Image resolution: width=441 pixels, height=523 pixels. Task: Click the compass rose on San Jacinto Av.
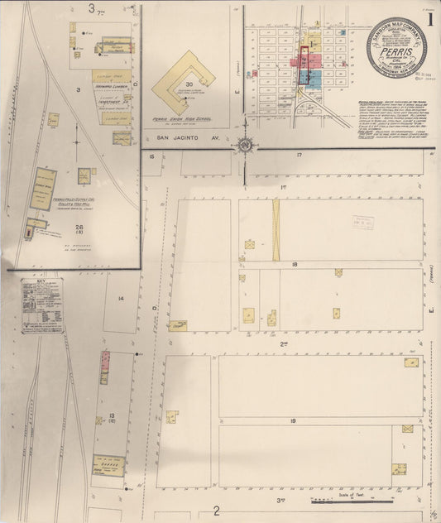click(x=246, y=146)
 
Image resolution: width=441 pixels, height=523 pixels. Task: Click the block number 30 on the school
click(x=189, y=84)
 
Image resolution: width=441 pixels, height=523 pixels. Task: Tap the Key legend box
click(x=42, y=305)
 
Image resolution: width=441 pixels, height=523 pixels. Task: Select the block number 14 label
click(x=121, y=299)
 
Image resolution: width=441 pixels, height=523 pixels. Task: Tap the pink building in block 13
click(x=105, y=362)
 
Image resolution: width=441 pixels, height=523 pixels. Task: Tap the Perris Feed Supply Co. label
click(x=70, y=200)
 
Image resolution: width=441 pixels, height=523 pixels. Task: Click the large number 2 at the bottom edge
click(x=217, y=511)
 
